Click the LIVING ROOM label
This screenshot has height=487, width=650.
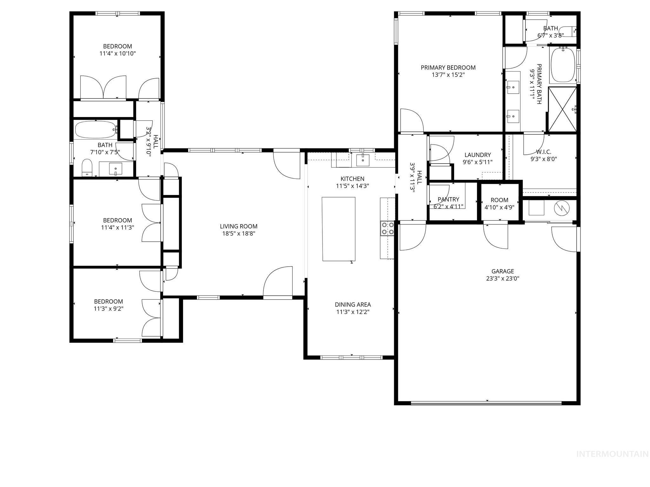(x=238, y=226)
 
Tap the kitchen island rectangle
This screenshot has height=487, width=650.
(x=338, y=229)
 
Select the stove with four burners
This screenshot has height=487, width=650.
(x=387, y=228)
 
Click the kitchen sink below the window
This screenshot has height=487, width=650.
(x=363, y=160)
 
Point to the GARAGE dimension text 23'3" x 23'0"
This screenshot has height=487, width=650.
(x=502, y=279)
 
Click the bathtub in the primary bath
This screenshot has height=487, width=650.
(x=563, y=65)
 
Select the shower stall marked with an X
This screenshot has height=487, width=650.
(x=562, y=109)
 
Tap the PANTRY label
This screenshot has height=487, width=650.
(x=448, y=199)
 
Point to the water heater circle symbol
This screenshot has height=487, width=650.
(x=562, y=208)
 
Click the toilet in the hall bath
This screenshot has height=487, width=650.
(x=87, y=168)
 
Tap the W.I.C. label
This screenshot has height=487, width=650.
(x=544, y=152)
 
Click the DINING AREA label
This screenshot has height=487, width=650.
(x=353, y=305)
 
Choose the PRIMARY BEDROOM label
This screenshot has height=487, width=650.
(x=448, y=68)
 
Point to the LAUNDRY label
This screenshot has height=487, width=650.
(x=477, y=155)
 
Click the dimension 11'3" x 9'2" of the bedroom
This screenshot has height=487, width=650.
(x=109, y=308)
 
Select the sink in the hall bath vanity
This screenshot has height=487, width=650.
(x=116, y=169)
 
